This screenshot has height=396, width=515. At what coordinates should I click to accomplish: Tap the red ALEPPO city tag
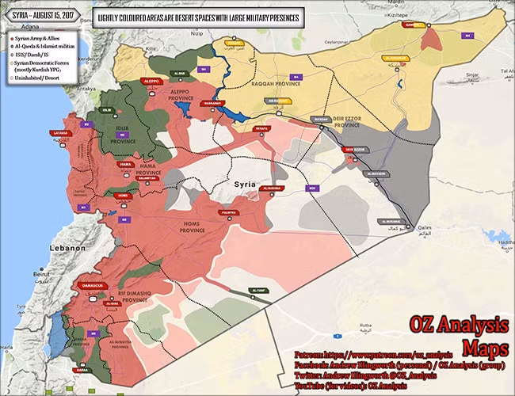point(152,81)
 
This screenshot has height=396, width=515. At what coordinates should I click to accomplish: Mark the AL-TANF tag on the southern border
point(259,291)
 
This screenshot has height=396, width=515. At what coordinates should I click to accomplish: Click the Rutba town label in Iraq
point(365,325)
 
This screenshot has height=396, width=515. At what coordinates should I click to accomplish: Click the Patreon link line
point(372,356)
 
